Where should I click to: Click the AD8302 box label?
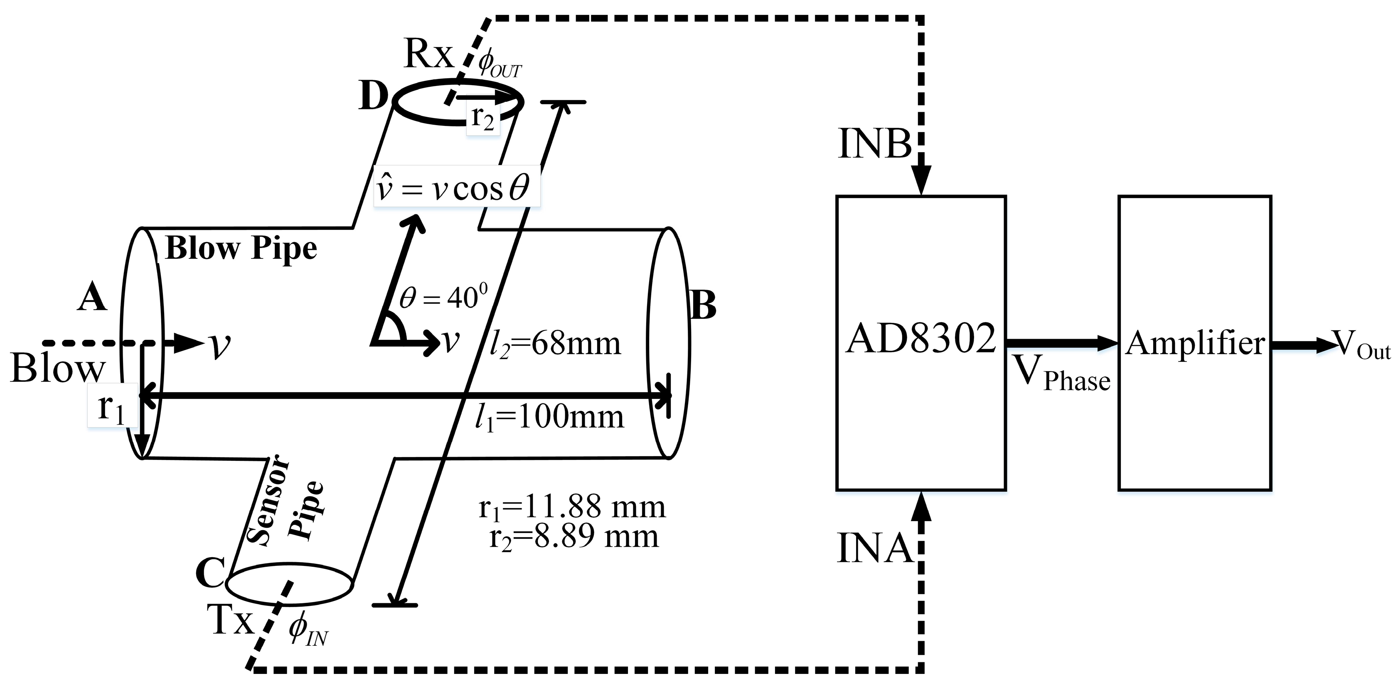tap(921, 339)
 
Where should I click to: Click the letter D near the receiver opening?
tap(373, 98)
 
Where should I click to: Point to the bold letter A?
tap(92, 298)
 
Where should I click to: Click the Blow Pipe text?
tap(241, 248)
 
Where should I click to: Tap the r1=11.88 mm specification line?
tap(572, 507)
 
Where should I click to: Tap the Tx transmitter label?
tap(231, 620)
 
